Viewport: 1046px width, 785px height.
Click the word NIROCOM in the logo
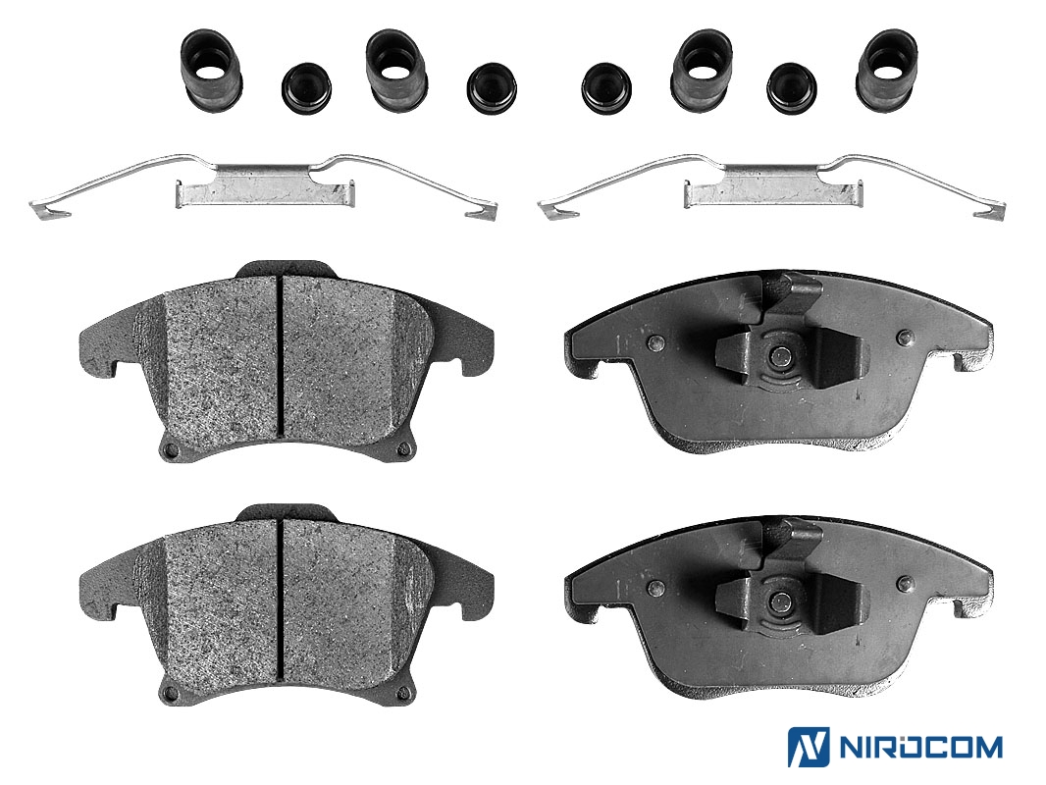click(x=919, y=747)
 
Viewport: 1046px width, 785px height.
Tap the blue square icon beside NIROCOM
click(x=809, y=747)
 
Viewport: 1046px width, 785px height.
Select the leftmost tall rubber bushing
click(x=211, y=72)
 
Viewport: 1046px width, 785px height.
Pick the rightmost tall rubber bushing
click(x=887, y=70)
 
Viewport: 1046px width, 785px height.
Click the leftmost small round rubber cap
click(x=307, y=88)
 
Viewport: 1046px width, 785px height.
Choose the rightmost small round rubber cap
click(x=793, y=88)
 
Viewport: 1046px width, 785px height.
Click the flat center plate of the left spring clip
click(x=264, y=192)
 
